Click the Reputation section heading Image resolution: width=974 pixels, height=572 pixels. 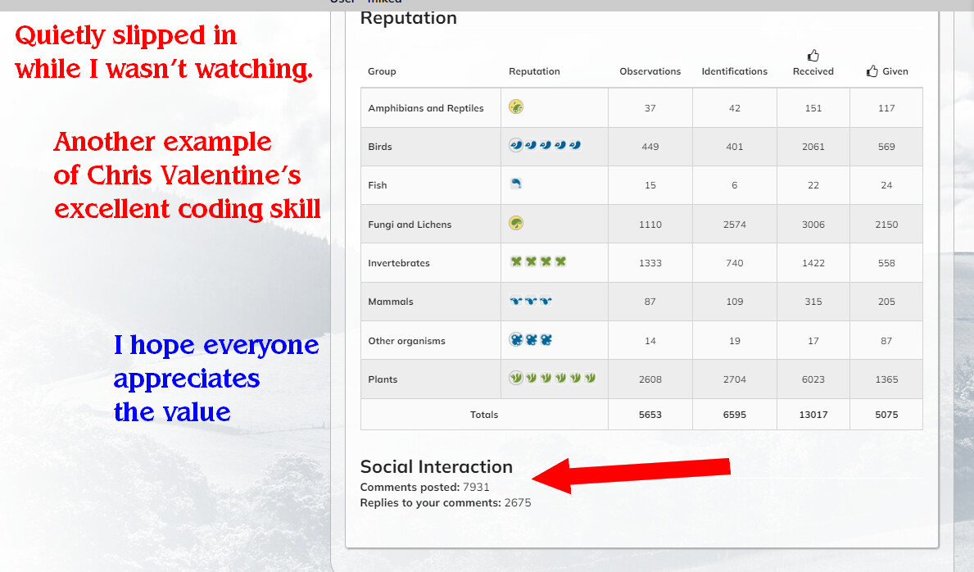click(x=408, y=19)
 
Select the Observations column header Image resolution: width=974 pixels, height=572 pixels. click(x=650, y=71)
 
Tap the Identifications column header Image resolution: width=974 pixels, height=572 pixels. click(x=734, y=71)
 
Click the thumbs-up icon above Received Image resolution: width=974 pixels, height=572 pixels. click(x=813, y=56)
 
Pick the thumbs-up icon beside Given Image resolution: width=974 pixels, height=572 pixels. click(x=872, y=70)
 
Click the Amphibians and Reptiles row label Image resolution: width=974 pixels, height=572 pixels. click(x=425, y=108)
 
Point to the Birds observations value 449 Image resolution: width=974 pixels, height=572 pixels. click(x=650, y=147)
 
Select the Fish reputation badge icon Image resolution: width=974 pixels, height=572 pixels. click(x=515, y=184)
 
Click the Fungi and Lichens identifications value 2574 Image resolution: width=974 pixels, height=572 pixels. click(x=734, y=225)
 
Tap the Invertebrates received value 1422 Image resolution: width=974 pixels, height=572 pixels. click(x=813, y=263)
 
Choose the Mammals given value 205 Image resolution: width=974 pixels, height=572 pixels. click(x=886, y=302)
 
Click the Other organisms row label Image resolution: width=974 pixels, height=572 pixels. click(x=406, y=341)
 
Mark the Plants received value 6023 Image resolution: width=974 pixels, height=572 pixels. click(x=813, y=379)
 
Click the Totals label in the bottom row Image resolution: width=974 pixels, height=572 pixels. click(x=484, y=415)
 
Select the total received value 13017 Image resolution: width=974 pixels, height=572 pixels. click(x=813, y=415)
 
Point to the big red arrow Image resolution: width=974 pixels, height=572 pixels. click(x=631, y=474)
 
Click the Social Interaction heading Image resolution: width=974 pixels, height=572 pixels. click(x=436, y=466)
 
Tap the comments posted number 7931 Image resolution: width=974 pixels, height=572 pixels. click(x=476, y=488)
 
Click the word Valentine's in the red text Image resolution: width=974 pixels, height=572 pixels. click(x=231, y=175)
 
